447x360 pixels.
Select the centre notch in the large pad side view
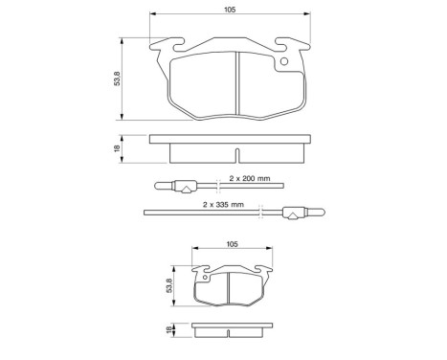(x=235, y=152)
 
